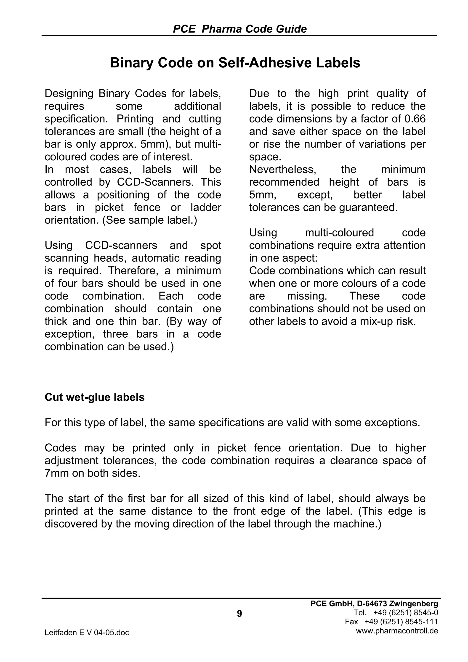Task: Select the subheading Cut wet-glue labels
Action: point(95,397)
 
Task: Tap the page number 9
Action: point(239,614)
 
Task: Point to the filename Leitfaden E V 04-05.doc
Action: point(87,632)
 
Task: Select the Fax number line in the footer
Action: point(391,621)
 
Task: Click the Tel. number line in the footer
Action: point(396,612)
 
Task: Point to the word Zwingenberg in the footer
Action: point(413,604)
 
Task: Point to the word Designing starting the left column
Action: point(69,94)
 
